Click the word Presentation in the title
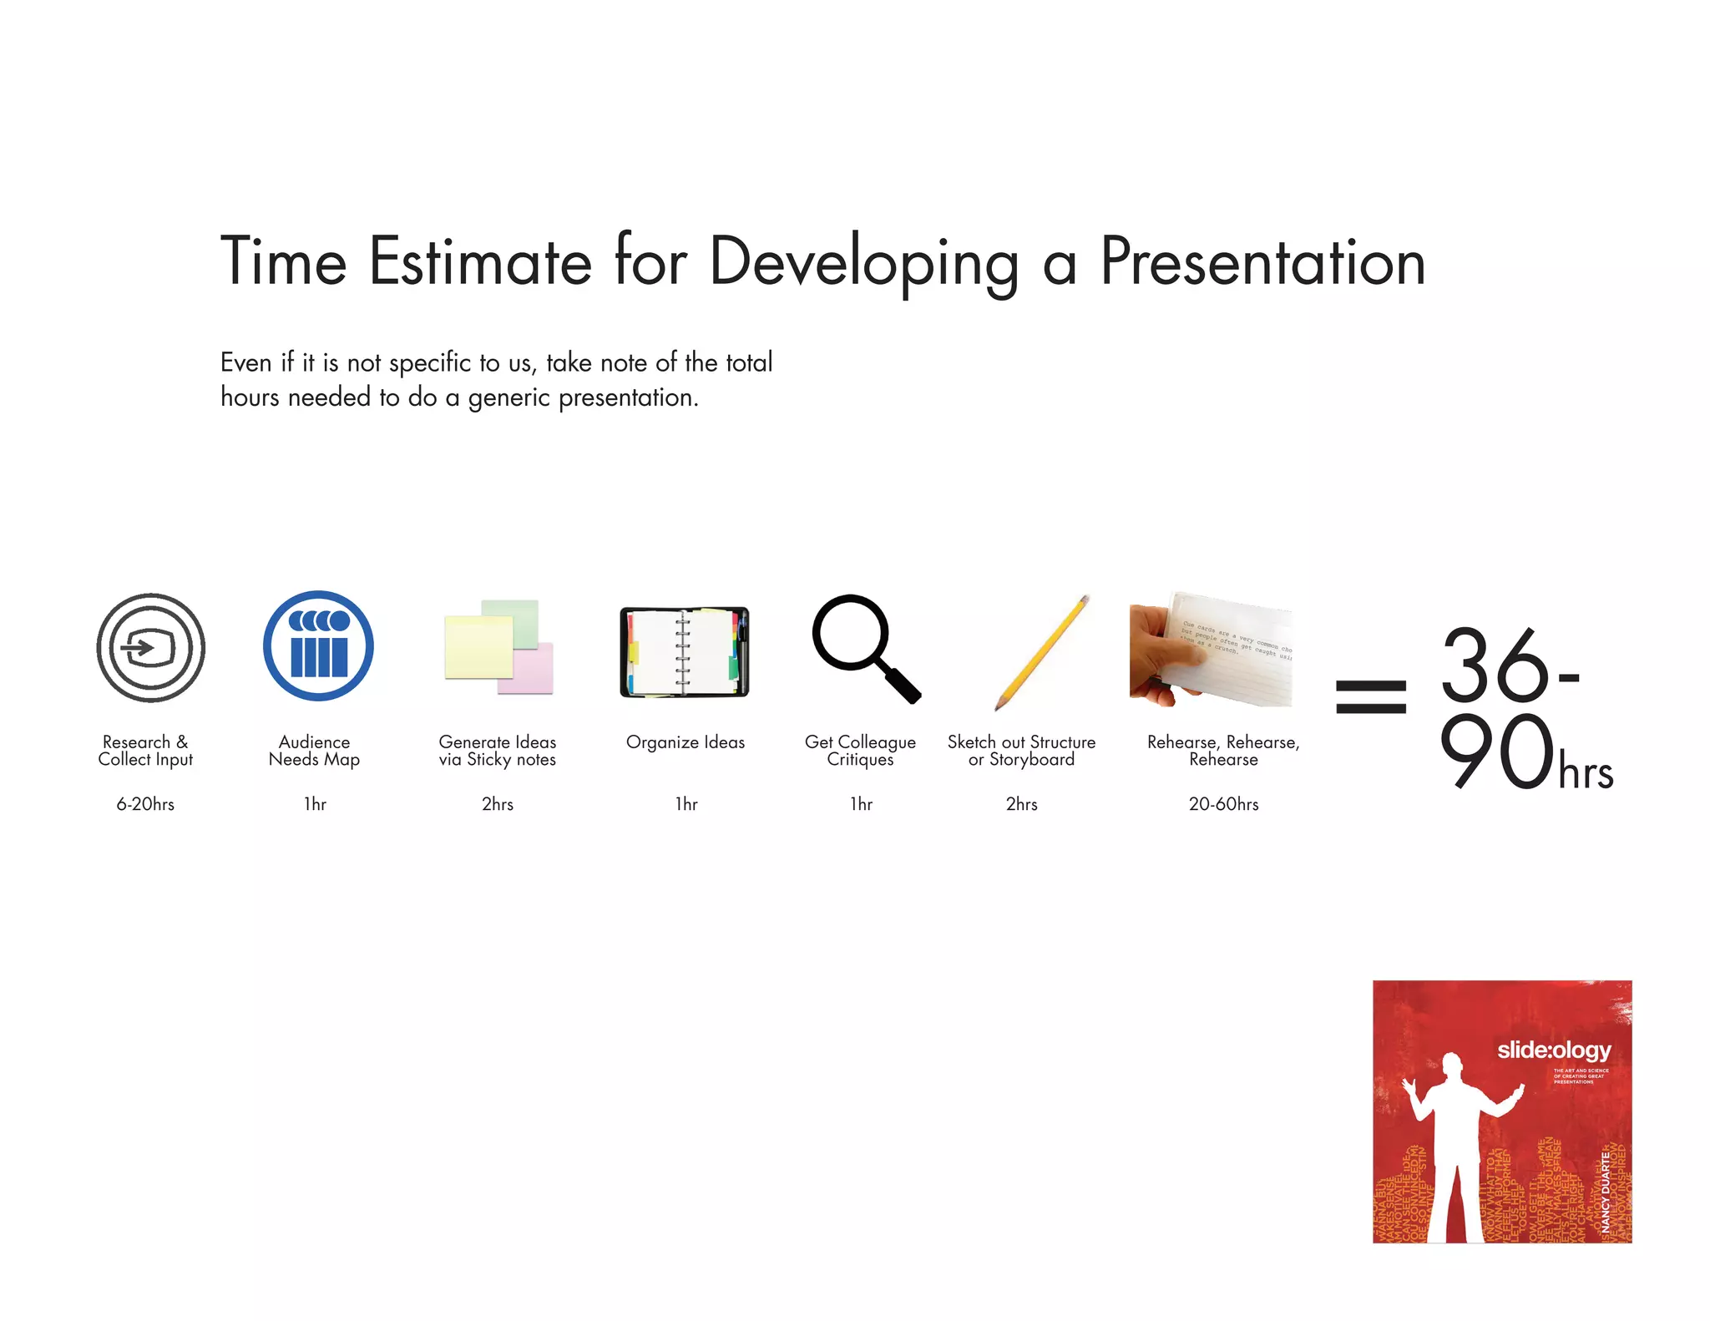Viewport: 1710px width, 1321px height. [x=1262, y=262]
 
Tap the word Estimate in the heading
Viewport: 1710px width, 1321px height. [x=480, y=262]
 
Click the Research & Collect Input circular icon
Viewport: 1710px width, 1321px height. [x=150, y=647]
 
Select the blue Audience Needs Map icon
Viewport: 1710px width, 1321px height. [x=318, y=645]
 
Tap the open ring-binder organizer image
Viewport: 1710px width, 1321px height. [x=684, y=652]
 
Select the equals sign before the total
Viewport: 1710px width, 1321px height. [x=1370, y=696]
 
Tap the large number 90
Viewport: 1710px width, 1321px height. [x=1496, y=752]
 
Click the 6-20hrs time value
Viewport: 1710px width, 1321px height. [x=145, y=804]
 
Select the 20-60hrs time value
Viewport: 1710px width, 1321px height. [x=1223, y=804]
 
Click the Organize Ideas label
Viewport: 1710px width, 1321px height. [x=685, y=742]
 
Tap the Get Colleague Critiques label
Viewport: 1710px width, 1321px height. [x=860, y=750]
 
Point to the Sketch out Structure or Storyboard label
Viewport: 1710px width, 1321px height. [x=1021, y=750]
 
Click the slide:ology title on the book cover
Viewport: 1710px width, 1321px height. [x=1553, y=1050]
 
